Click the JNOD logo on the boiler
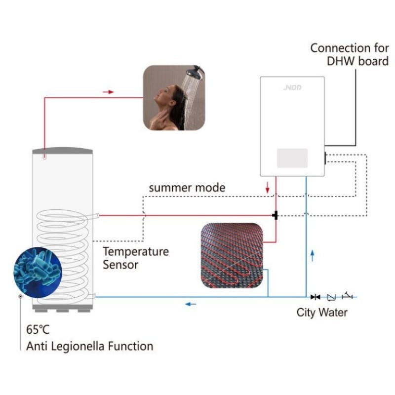click(x=292, y=88)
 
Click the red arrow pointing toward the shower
click(x=109, y=92)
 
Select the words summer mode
click(x=187, y=188)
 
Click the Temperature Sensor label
click(x=135, y=258)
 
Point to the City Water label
click(x=322, y=312)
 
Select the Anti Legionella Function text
click(x=90, y=346)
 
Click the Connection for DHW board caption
click(x=349, y=55)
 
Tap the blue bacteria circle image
click(x=38, y=271)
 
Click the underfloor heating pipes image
click(x=232, y=255)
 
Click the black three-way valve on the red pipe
click(x=275, y=215)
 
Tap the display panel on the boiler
click(x=292, y=158)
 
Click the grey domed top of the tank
click(x=62, y=149)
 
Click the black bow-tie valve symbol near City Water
click(x=315, y=297)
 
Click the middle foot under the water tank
click(x=62, y=310)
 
